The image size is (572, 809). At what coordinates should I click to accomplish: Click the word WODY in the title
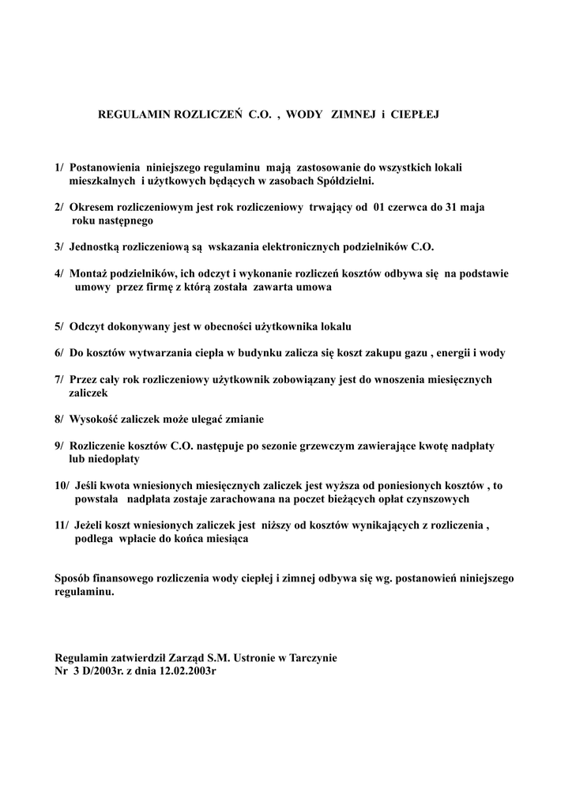click(x=304, y=115)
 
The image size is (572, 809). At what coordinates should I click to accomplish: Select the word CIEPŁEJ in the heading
click(x=413, y=115)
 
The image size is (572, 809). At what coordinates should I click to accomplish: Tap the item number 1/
click(x=60, y=167)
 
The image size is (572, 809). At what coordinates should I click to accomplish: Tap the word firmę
click(x=167, y=288)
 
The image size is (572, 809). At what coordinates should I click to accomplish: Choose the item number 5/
click(x=60, y=326)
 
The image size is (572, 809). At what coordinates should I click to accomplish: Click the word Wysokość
click(x=98, y=419)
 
